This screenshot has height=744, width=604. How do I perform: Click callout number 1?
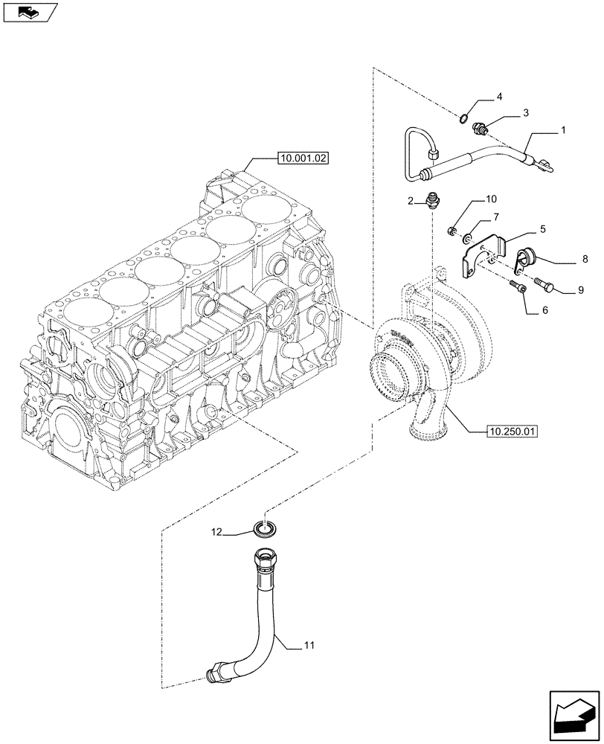coord(563,129)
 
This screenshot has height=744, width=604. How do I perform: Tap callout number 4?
coord(500,97)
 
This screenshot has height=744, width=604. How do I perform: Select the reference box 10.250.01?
coord(513,431)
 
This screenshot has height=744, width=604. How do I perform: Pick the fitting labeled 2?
coord(431,199)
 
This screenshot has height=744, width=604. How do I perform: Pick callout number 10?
coord(491,199)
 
